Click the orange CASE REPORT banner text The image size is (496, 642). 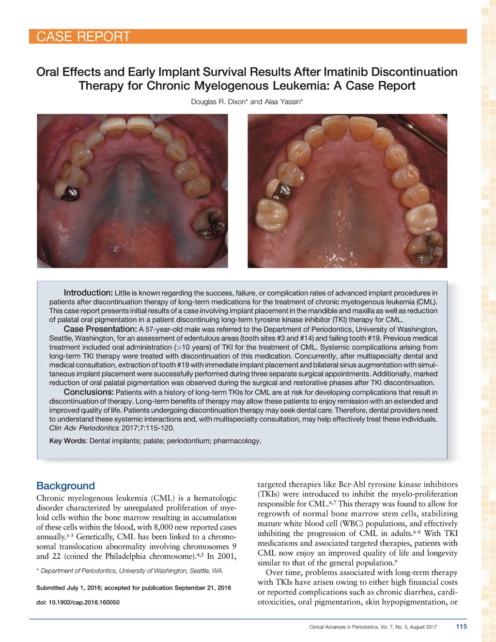[83, 37]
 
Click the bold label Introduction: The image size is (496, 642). [88, 293]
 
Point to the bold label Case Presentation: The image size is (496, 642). [100, 329]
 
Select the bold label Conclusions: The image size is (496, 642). [89, 392]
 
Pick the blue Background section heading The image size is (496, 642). [65, 486]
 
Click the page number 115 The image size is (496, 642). [462, 626]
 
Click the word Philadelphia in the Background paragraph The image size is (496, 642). [125, 556]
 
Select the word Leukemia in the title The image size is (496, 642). [302, 86]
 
